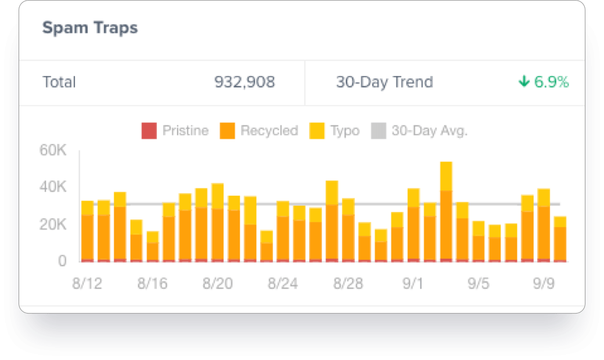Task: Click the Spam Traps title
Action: pyautogui.click(x=90, y=28)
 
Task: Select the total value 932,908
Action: pyautogui.click(x=245, y=82)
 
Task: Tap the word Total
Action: pyautogui.click(x=59, y=82)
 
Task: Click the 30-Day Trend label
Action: pyautogui.click(x=384, y=82)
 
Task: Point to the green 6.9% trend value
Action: pyautogui.click(x=551, y=82)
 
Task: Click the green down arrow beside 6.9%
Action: pyautogui.click(x=524, y=82)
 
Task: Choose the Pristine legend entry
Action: pyautogui.click(x=175, y=131)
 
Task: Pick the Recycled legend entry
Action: pyautogui.click(x=259, y=131)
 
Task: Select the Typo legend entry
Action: pyautogui.click(x=335, y=131)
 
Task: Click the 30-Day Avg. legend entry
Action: pyautogui.click(x=419, y=131)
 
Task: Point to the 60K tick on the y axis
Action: pyautogui.click(x=53, y=151)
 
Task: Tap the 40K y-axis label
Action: pyautogui.click(x=53, y=188)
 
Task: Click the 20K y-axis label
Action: pyautogui.click(x=53, y=225)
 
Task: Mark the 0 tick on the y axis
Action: pyautogui.click(x=62, y=261)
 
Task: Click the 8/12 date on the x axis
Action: pyautogui.click(x=87, y=284)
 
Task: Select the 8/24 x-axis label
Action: pyautogui.click(x=282, y=284)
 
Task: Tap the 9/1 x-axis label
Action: pyautogui.click(x=413, y=284)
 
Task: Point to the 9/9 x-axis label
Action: pyautogui.click(x=544, y=284)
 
